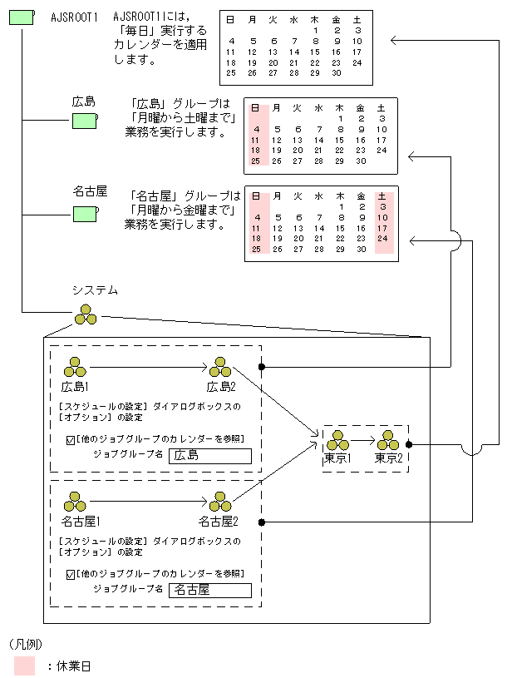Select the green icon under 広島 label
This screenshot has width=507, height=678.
[x=84, y=121]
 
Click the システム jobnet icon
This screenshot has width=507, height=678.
[x=86, y=315]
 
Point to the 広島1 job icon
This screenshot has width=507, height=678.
[x=75, y=367]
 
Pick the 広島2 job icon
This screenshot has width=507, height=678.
[x=220, y=367]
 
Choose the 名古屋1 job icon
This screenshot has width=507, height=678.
[x=76, y=502]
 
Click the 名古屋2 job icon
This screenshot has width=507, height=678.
[x=220, y=502]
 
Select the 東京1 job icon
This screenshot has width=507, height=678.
[x=337, y=440]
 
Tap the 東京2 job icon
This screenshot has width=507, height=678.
[x=388, y=440]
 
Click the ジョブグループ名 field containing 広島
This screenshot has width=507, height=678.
[x=209, y=455]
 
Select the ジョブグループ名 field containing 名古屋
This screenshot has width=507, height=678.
[x=209, y=590]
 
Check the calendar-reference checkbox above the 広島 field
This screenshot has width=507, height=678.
[x=70, y=439]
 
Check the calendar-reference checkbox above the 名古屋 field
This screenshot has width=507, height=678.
[x=70, y=574]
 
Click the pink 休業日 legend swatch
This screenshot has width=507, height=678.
[x=24, y=665]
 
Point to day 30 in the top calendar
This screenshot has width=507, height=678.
[x=336, y=73]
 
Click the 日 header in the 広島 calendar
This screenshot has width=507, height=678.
[x=255, y=108]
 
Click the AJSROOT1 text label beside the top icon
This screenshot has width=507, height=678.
[x=74, y=17]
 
